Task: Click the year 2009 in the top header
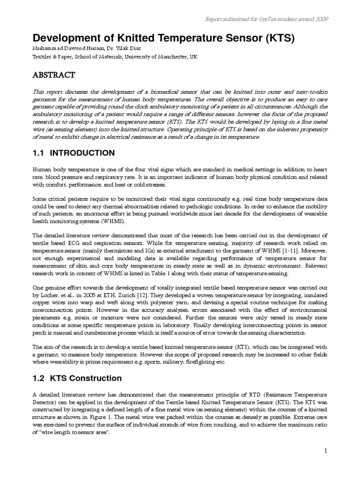(321, 19)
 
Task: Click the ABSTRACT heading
(53, 75)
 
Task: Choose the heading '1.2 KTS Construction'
(77, 378)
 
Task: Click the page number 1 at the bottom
(325, 451)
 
